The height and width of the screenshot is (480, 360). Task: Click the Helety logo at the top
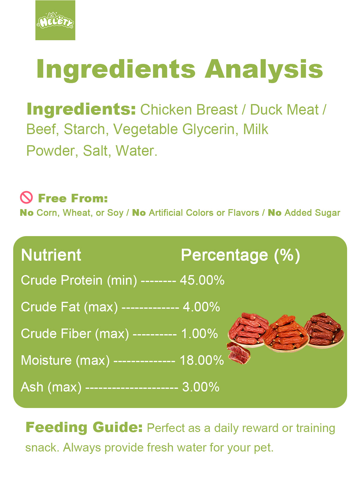[55, 20]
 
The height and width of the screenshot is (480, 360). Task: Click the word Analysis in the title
[264, 70]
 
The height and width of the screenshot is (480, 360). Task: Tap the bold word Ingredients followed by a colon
[81, 109]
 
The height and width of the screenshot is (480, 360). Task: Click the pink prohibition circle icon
[26, 197]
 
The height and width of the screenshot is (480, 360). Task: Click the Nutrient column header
[51, 255]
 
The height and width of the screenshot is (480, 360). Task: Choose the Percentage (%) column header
[240, 255]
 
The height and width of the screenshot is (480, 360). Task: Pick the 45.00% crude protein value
[202, 280]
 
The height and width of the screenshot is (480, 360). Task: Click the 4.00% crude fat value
[201, 307]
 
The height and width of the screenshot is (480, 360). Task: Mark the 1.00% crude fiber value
[199, 334]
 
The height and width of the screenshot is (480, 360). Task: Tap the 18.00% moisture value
[202, 360]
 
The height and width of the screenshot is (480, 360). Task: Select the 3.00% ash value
[201, 387]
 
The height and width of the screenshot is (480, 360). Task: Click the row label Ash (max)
[51, 387]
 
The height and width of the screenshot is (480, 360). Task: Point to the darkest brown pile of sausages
[325, 330]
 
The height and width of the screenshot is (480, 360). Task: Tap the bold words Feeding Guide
[84, 427]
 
